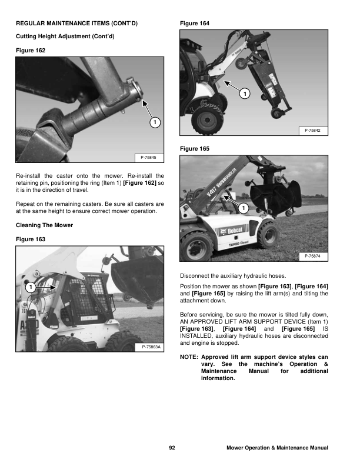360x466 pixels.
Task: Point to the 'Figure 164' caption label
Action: coord(194,23)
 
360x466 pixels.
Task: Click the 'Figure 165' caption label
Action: coord(194,149)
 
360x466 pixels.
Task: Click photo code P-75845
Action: coord(149,157)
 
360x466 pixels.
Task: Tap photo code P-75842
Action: coord(312,130)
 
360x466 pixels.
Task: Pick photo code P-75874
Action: coord(312,257)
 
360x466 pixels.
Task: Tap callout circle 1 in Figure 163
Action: coord(29,287)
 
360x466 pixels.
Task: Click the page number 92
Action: coord(172,448)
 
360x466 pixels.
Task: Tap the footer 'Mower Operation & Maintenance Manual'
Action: coord(277,448)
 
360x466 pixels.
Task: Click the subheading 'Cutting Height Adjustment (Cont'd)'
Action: coord(65,36)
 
